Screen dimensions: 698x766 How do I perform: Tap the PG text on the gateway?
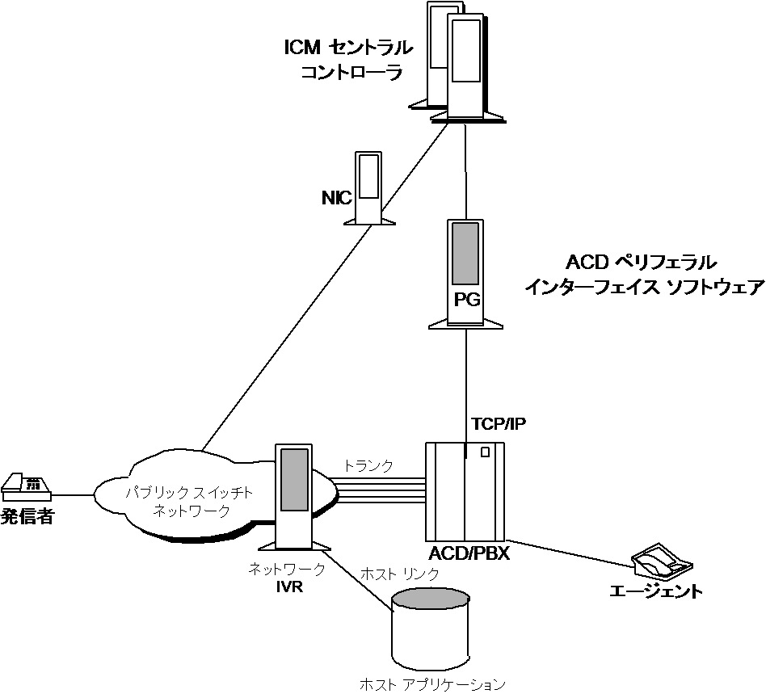click(466, 301)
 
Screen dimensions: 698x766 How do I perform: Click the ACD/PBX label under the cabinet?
click(469, 555)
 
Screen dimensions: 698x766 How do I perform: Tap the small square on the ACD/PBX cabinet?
click(485, 452)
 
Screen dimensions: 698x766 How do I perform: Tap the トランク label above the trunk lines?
click(368, 465)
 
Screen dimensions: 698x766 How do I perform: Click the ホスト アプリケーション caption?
click(432, 685)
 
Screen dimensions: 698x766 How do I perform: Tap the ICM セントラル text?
click(347, 48)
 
